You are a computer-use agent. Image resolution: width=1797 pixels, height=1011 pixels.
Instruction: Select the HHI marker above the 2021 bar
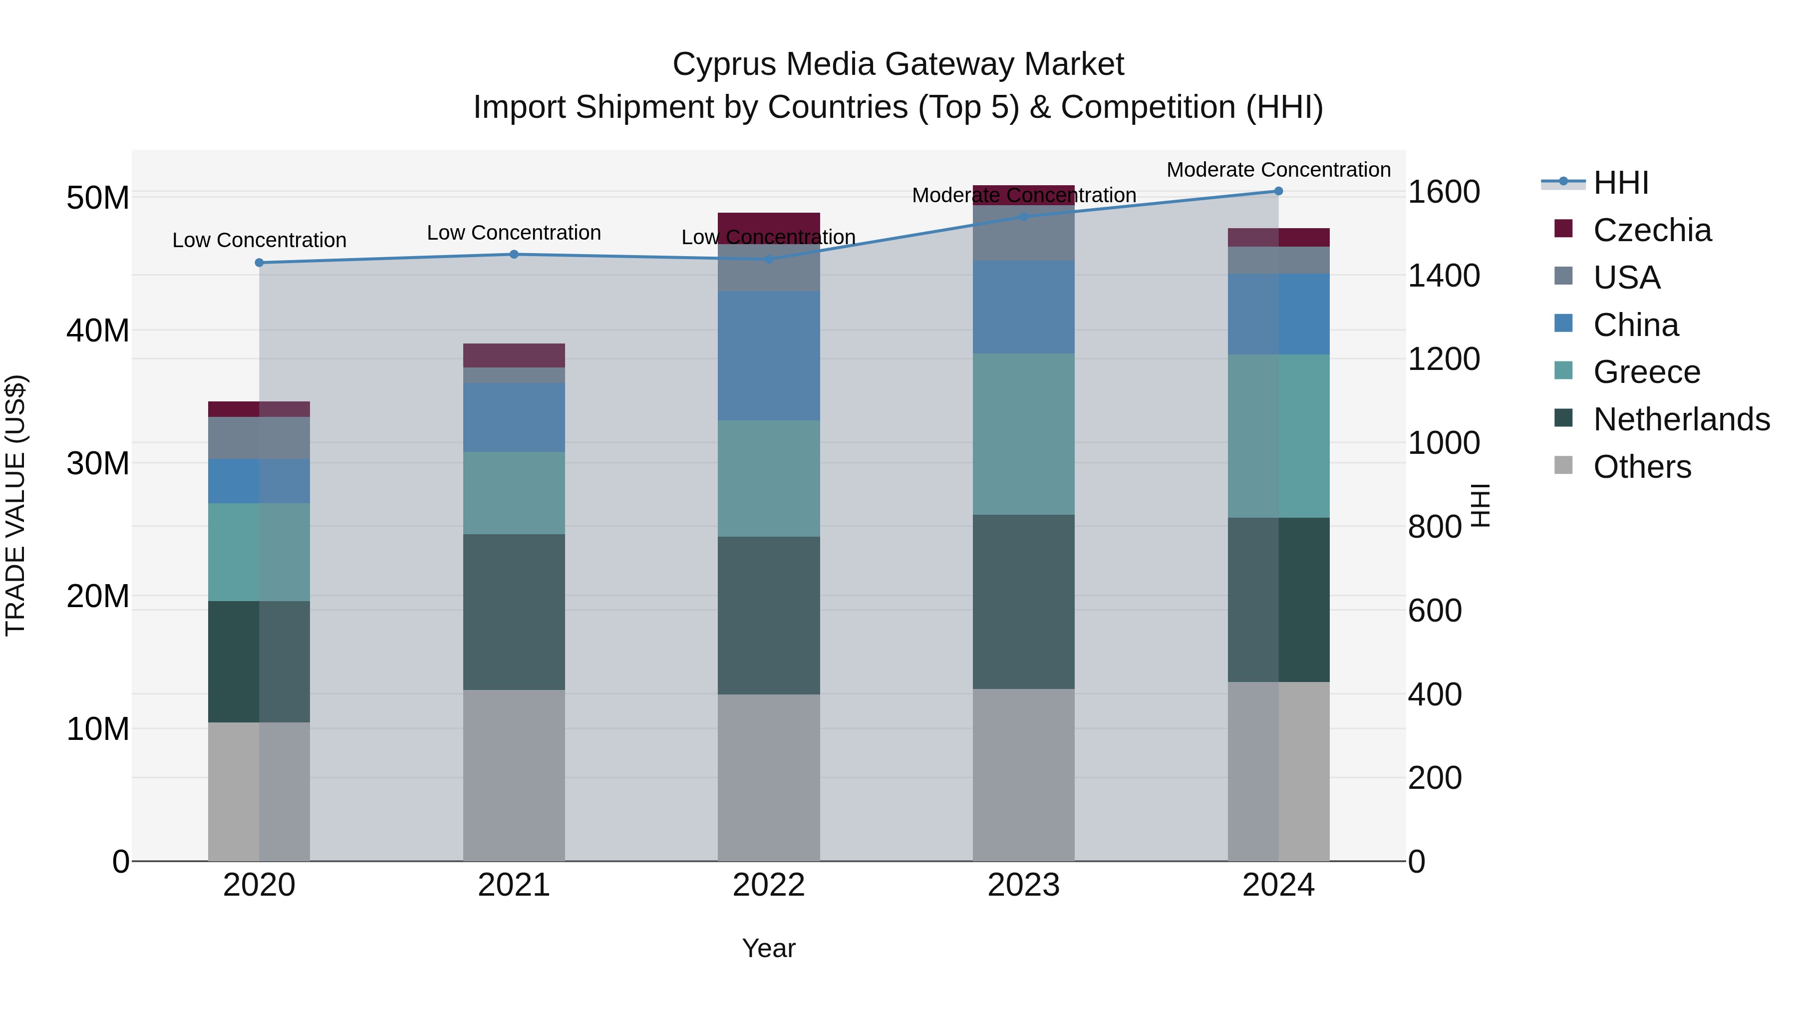pyautogui.click(x=514, y=255)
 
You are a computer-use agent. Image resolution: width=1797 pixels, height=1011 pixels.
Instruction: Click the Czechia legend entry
pyautogui.click(x=1651, y=230)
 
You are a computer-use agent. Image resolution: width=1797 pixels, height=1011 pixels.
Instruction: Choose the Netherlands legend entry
pyautogui.click(x=1681, y=419)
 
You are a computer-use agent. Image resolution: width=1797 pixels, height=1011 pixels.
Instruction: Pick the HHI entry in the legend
pyautogui.click(x=1620, y=183)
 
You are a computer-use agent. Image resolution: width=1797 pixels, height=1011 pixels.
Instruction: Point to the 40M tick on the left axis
pyautogui.click(x=98, y=331)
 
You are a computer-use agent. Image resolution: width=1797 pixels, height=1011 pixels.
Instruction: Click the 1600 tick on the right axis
pyautogui.click(x=1443, y=192)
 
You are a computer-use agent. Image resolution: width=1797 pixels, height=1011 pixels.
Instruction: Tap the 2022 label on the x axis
pyautogui.click(x=769, y=885)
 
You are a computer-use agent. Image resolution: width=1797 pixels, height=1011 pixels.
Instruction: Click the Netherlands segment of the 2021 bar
pyautogui.click(x=514, y=612)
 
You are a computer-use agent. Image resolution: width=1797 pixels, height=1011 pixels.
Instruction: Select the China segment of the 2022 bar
pyautogui.click(x=769, y=356)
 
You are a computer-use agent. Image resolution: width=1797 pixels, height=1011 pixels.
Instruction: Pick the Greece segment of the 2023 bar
pyautogui.click(x=1023, y=434)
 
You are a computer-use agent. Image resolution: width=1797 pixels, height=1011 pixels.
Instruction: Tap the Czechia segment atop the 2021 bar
pyautogui.click(x=514, y=355)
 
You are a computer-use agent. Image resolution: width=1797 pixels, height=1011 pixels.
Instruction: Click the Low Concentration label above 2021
pyautogui.click(x=514, y=233)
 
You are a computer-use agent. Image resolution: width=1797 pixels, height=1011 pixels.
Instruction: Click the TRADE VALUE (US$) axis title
pyautogui.click(x=16, y=505)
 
